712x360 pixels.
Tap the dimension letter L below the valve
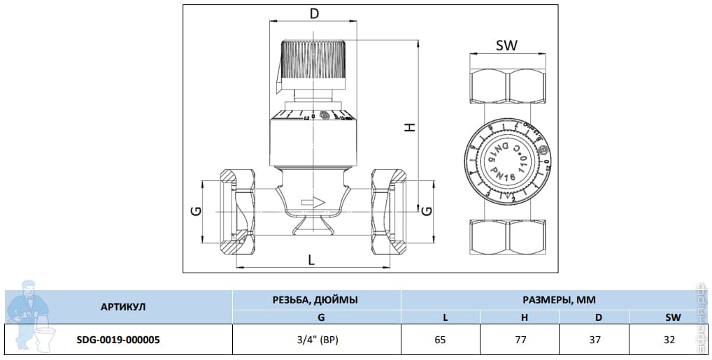point(311,259)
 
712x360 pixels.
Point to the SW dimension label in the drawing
point(506,46)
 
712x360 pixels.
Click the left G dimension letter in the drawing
point(197,210)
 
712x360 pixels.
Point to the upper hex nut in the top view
point(507,85)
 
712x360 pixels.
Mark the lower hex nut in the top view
point(507,239)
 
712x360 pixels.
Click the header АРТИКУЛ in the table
point(123,307)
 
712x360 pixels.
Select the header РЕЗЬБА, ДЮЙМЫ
point(315,299)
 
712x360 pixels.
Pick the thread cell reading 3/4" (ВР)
point(315,340)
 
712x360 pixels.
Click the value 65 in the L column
point(441,340)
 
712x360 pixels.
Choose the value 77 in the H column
point(519,340)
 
